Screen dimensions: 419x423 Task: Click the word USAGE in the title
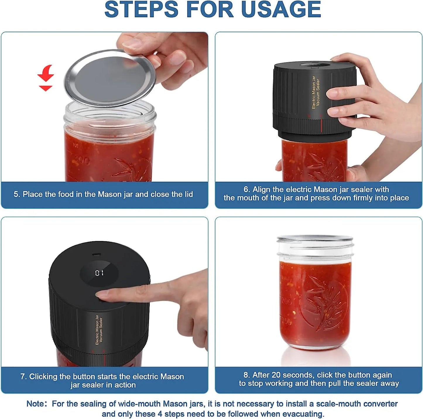(281, 9)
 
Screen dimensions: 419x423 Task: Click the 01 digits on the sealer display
(99, 273)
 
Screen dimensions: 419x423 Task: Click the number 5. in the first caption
(17, 194)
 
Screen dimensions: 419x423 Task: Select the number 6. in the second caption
(247, 189)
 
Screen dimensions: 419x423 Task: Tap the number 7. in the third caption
(23, 377)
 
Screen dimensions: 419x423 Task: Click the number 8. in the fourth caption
(247, 375)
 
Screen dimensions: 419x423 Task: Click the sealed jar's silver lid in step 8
(315, 239)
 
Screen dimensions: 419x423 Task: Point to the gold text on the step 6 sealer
(316, 92)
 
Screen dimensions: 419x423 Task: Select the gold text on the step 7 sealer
(99, 330)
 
